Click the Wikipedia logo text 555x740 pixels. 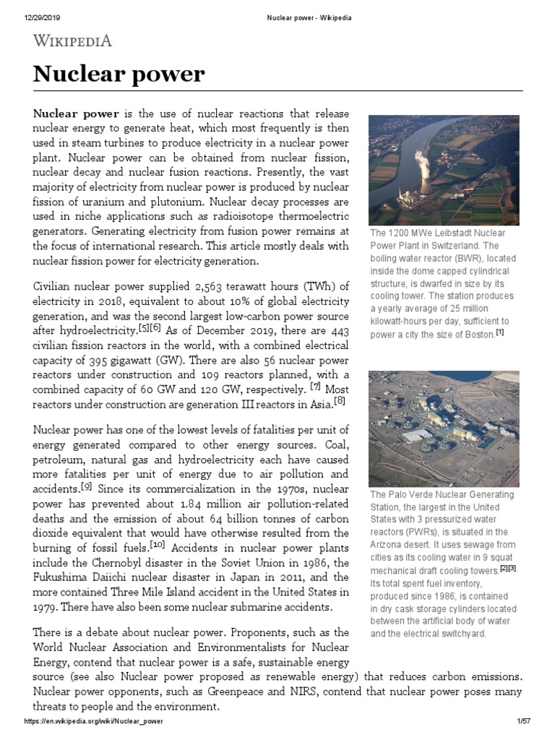[x=73, y=40]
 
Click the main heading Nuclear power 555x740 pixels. [x=119, y=74]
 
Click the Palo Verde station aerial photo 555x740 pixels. [x=443, y=429]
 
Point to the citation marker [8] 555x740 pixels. [x=340, y=400]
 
